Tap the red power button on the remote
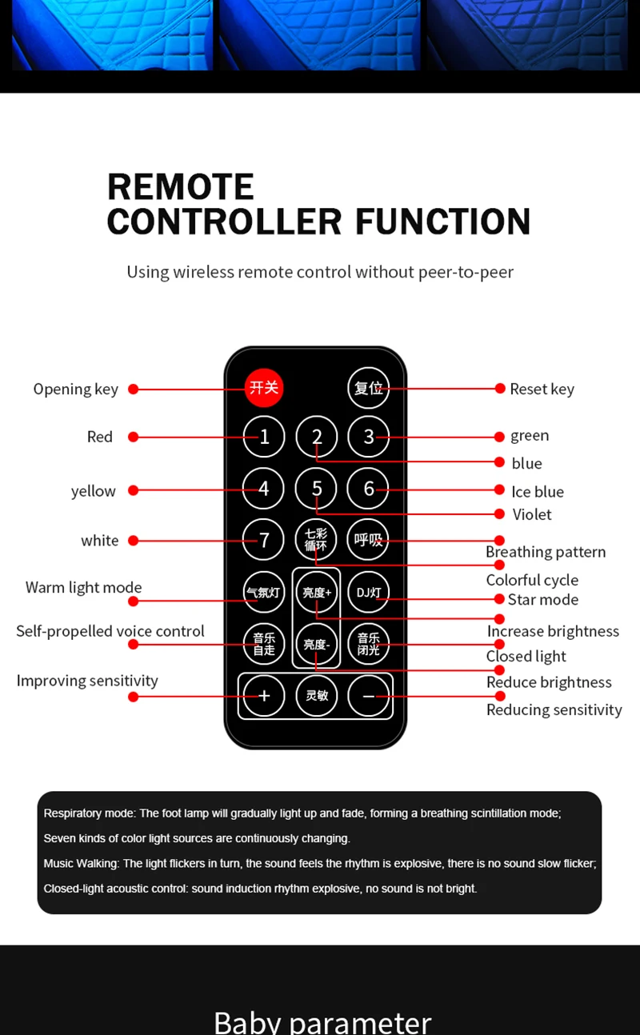coord(264,388)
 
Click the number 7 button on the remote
coord(264,540)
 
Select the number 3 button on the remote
coord(369,437)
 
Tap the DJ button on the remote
coord(369,593)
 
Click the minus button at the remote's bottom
coord(369,696)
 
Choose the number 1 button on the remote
coord(264,437)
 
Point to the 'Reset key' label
coord(542,389)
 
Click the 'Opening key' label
coord(75,389)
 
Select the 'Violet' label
coord(532,514)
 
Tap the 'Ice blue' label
coord(538,491)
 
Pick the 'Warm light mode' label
coord(83,587)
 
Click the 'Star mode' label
coord(542,600)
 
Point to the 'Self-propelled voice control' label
coord(110,631)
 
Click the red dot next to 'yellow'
coord(134,490)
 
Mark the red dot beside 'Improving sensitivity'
coord(134,697)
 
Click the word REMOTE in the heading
coord(181,187)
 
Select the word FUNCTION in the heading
coord(442,221)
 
